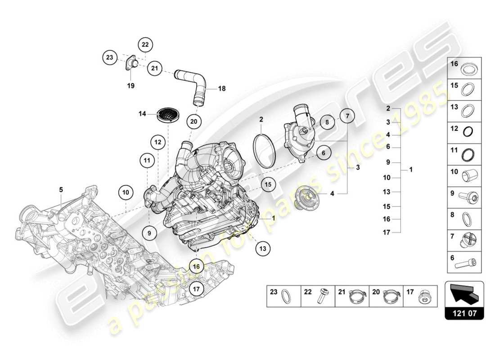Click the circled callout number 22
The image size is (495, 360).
click(145, 45)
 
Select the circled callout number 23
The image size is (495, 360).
click(109, 58)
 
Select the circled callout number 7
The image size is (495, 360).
click(347, 116)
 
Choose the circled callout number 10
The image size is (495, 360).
click(126, 193)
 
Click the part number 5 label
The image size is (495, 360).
click(61, 190)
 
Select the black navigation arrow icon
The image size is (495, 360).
click(464, 295)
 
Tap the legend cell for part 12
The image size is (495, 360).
click(464, 131)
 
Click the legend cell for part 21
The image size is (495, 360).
click(352, 296)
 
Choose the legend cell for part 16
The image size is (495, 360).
click(464, 68)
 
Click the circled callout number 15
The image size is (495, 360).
click(268, 184)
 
